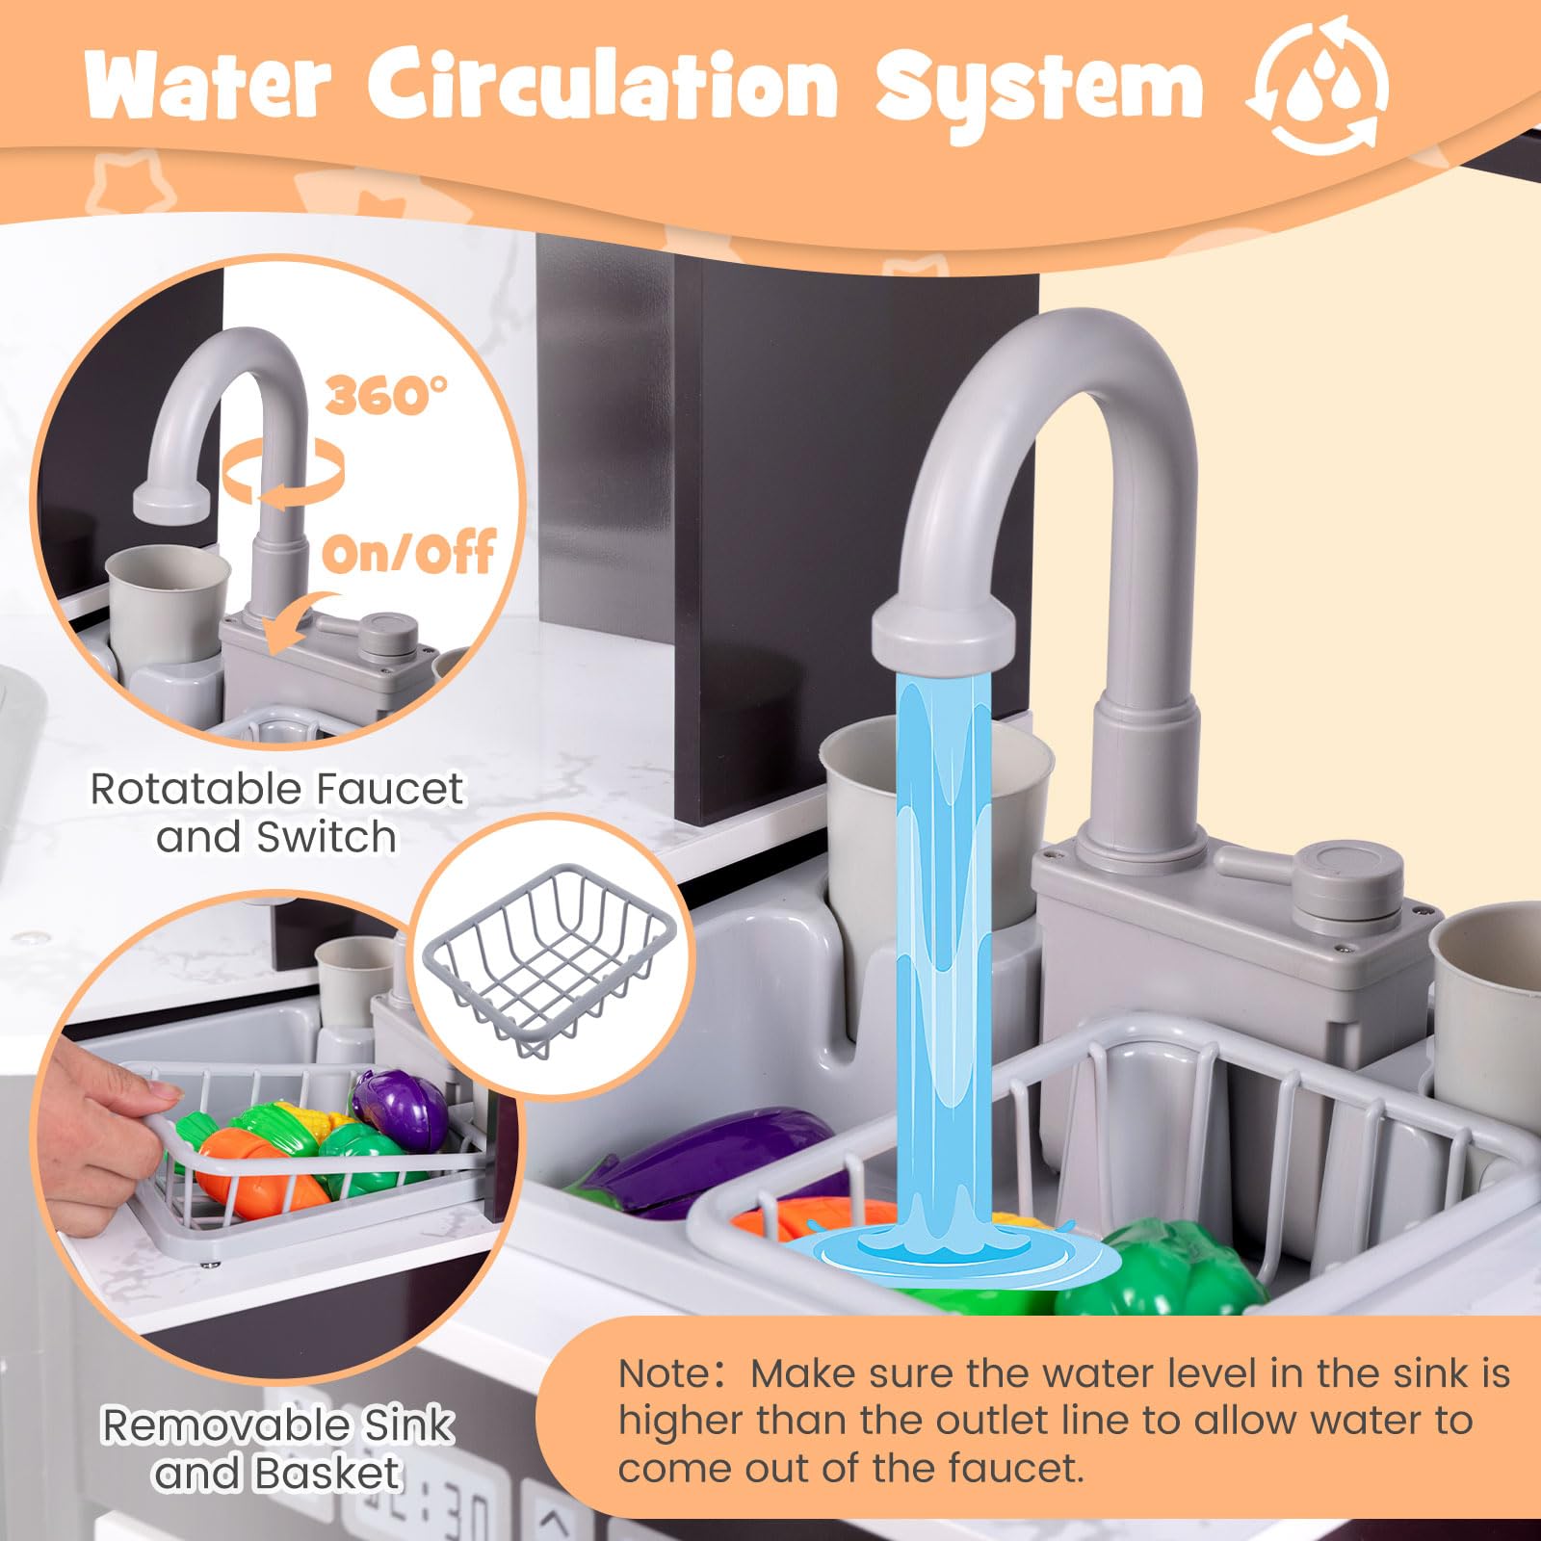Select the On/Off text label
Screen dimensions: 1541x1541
point(409,554)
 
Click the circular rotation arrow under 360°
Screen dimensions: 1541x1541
point(282,475)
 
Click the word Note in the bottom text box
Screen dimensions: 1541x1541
point(665,1373)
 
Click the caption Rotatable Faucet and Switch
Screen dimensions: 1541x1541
point(277,813)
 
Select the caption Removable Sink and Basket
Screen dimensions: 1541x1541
point(277,1449)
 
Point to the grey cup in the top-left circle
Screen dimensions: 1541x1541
point(168,603)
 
